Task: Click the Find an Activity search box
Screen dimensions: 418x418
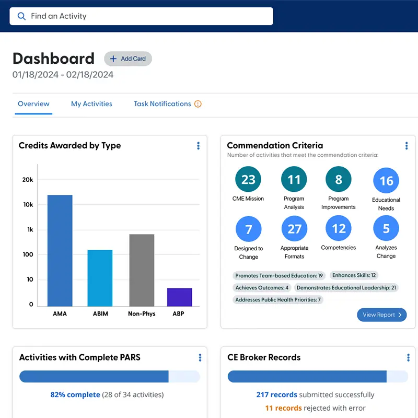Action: click(141, 16)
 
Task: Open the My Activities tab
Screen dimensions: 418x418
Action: click(91, 104)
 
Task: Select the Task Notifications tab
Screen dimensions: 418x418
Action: click(162, 104)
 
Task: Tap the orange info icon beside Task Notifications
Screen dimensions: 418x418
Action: click(198, 104)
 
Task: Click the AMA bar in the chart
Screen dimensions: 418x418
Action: click(60, 251)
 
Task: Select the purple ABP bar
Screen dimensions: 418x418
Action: click(180, 297)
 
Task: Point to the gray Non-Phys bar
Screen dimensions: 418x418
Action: click(142, 270)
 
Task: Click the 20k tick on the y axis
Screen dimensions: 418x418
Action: click(28, 180)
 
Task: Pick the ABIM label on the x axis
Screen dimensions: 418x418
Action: click(100, 314)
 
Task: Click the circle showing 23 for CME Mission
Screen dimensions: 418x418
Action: click(248, 180)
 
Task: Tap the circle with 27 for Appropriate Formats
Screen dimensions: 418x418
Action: click(294, 229)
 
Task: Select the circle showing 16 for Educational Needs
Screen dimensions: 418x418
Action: click(386, 181)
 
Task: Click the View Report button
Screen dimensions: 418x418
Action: click(382, 315)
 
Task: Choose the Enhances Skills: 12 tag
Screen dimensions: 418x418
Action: click(354, 275)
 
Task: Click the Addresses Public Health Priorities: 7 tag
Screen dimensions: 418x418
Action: click(278, 300)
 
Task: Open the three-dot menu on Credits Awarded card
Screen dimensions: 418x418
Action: click(198, 146)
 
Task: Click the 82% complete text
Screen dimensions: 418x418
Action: click(75, 394)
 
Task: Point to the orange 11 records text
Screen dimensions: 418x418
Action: click(283, 408)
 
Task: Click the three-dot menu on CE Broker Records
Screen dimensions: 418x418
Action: click(408, 357)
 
